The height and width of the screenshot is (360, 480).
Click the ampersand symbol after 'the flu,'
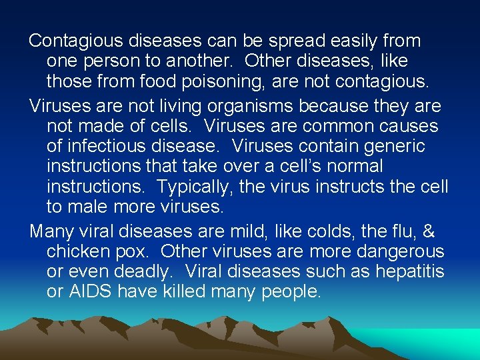pyautogui.click(x=429, y=231)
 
